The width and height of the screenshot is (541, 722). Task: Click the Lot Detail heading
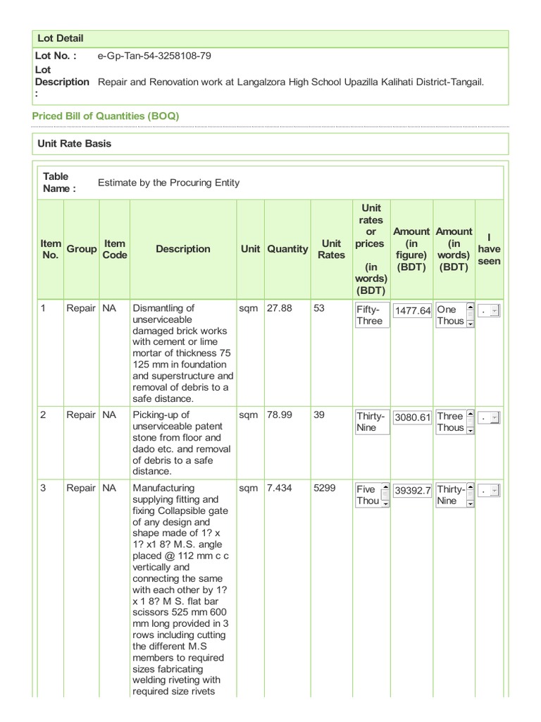61,38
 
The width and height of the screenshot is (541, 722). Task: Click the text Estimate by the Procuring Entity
168,183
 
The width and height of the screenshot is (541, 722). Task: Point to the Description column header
183,249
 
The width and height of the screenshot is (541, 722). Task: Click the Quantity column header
287,249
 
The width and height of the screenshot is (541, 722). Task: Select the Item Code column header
114,249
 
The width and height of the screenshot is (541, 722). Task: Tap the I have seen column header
489,249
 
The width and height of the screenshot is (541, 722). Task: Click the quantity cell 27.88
278,308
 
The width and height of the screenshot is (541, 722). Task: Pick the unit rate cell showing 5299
325,488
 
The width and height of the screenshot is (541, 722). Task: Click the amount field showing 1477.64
412,310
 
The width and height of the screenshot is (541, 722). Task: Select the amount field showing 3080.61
412,417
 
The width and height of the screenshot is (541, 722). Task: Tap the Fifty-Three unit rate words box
372,315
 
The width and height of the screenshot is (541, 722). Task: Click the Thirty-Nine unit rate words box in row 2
372,422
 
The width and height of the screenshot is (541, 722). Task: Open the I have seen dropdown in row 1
490,310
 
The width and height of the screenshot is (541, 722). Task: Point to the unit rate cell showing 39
319,415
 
